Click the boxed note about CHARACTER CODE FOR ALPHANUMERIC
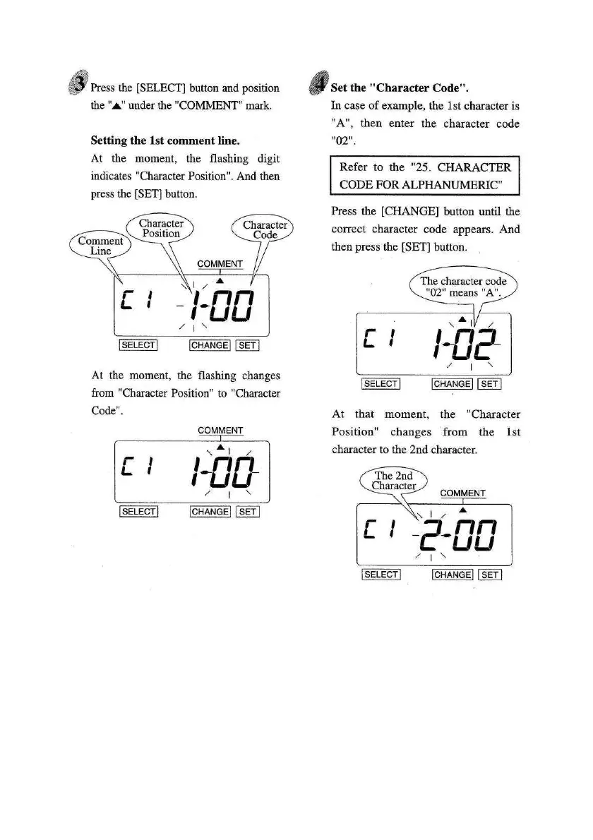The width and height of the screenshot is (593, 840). click(425, 177)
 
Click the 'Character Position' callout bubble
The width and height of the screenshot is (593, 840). click(161, 228)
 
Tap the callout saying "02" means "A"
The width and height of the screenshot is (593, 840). click(463, 287)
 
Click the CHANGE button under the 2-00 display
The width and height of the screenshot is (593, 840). click(453, 575)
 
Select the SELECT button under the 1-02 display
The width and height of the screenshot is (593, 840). click(381, 384)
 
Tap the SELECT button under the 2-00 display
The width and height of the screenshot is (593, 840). click(381, 575)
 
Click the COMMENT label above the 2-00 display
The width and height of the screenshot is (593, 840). click(462, 493)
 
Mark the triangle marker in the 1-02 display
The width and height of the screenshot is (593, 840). click(462, 319)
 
